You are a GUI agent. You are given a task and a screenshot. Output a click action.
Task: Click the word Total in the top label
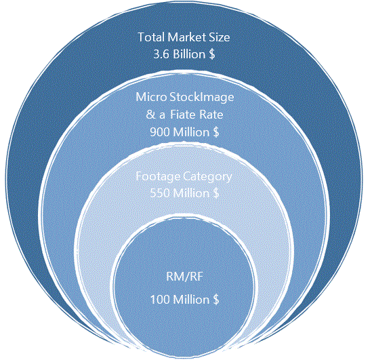pyautogui.click(x=152, y=37)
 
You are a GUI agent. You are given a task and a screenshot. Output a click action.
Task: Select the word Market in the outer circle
pyautogui.click(x=186, y=37)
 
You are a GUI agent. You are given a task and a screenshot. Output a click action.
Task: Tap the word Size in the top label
pyautogui.click(x=220, y=37)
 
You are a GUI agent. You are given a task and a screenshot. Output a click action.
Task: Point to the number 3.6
pyautogui.click(x=161, y=54)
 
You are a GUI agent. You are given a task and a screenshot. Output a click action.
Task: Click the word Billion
pyautogui.click(x=189, y=54)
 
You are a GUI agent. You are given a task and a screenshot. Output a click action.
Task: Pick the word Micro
pyautogui.click(x=151, y=97)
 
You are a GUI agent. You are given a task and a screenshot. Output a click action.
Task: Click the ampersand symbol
pyautogui.click(x=150, y=115)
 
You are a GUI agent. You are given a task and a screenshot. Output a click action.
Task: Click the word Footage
pyautogui.click(x=158, y=177)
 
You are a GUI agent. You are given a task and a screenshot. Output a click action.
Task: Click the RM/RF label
pyautogui.click(x=184, y=277)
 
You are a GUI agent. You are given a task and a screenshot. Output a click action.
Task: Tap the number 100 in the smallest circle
pyautogui.click(x=160, y=300)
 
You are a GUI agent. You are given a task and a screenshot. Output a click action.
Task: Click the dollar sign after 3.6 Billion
pyautogui.click(x=212, y=54)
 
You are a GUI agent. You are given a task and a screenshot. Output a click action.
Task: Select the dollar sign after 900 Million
pyautogui.click(x=216, y=132)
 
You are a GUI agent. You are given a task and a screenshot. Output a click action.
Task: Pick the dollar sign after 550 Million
pyautogui.click(x=216, y=193)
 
